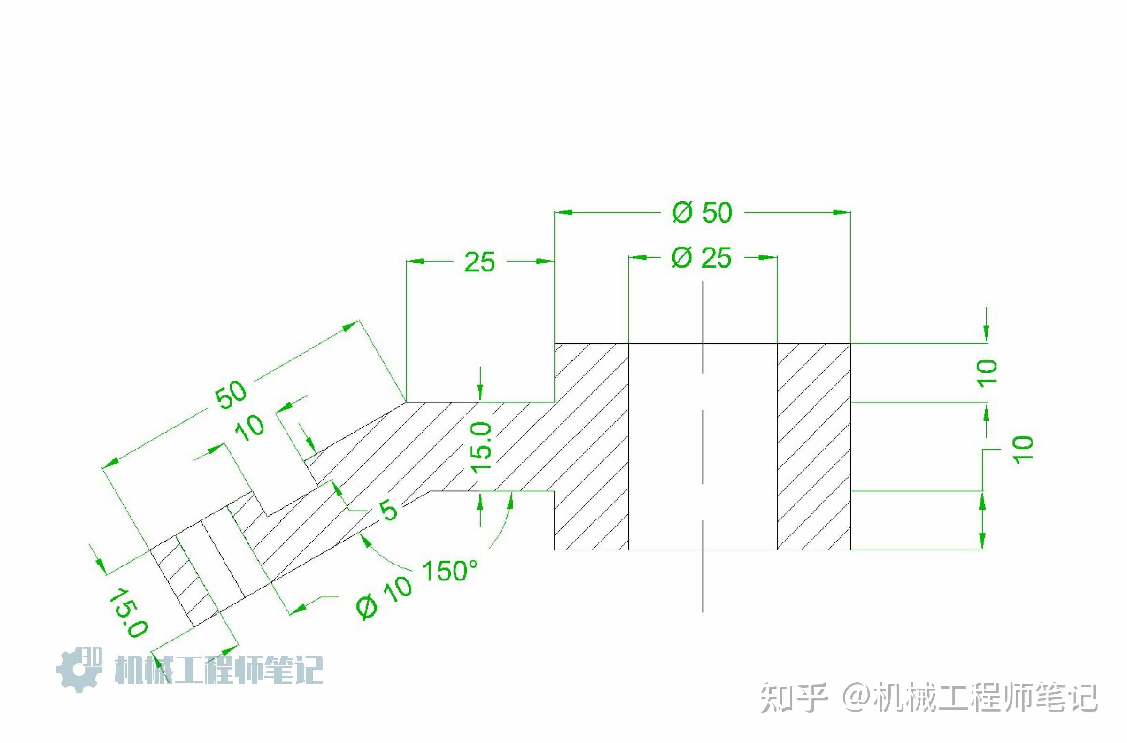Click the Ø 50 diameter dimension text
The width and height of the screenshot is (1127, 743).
(x=702, y=213)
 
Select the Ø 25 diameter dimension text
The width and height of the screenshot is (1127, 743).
(x=702, y=258)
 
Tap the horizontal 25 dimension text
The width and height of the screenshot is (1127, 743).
(x=479, y=262)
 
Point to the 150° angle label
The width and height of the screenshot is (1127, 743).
(x=449, y=571)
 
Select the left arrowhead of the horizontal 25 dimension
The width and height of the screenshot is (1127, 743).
(x=415, y=261)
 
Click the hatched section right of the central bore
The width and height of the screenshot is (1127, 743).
(x=813, y=446)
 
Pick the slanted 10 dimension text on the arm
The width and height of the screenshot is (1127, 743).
(x=251, y=428)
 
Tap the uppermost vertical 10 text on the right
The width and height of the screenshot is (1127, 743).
(x=988, y=373)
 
